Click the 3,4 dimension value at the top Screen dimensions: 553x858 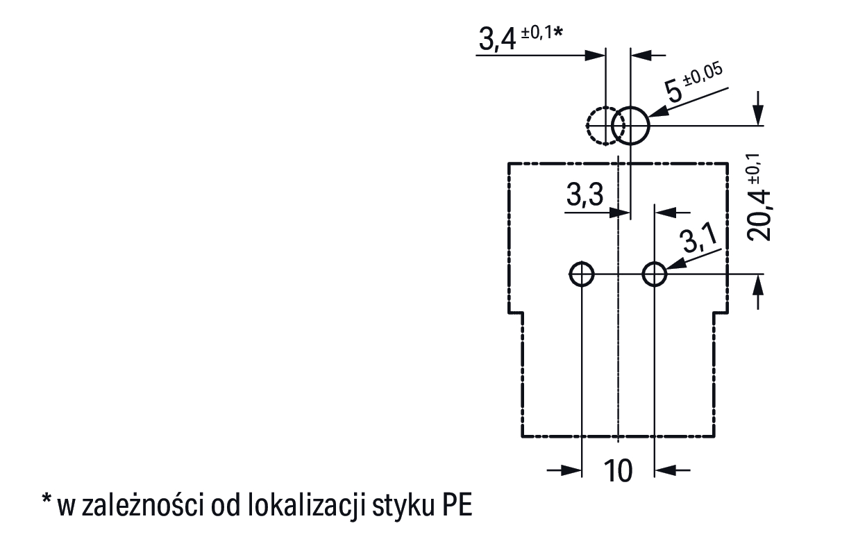(497, 40)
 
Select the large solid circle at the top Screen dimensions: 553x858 (630, 126)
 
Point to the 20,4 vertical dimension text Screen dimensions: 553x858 (762, 208)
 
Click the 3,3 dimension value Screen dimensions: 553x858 (584, 197)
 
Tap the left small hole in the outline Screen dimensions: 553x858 (581, 274)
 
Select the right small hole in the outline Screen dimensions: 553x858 (655, 274)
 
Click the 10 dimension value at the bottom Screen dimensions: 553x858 (618, 471)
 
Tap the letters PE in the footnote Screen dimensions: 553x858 (455, 506)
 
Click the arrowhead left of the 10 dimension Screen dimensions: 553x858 (573, 470)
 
